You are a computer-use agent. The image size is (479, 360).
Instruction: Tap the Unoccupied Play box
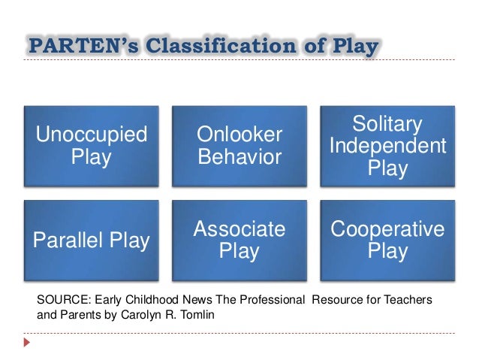pos(92,147)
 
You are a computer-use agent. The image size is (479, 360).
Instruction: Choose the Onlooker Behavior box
pos(239,147)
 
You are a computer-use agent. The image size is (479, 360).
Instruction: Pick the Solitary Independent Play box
pos(387,147)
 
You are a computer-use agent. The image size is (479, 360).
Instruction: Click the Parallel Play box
pos(92,241)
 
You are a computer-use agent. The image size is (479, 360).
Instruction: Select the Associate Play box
pos(239,241)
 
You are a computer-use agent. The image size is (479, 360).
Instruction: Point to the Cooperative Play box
pos(387,241)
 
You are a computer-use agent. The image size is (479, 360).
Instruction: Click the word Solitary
pos(387,124)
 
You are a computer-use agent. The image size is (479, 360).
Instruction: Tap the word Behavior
pos(239,158)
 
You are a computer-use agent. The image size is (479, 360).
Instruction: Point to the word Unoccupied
pos(92,135)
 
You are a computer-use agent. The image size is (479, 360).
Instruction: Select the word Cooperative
pos(387,229)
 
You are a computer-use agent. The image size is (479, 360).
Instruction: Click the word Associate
pos(239,229)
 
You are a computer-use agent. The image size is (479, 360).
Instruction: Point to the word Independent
pos(387,146)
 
